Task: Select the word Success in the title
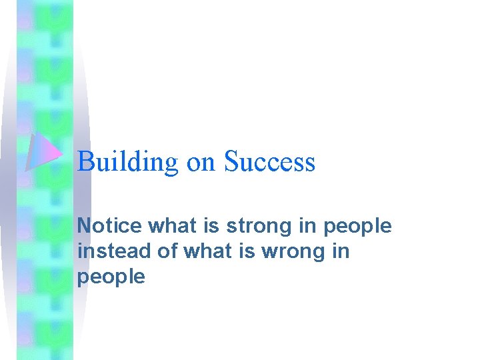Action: click(x=269, y=162)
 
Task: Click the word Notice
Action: click(x=109, y=226)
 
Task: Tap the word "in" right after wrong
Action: click(x=339, y=251)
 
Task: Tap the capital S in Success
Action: click(x=231, y=162)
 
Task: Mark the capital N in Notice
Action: click(x=84, y=226)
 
